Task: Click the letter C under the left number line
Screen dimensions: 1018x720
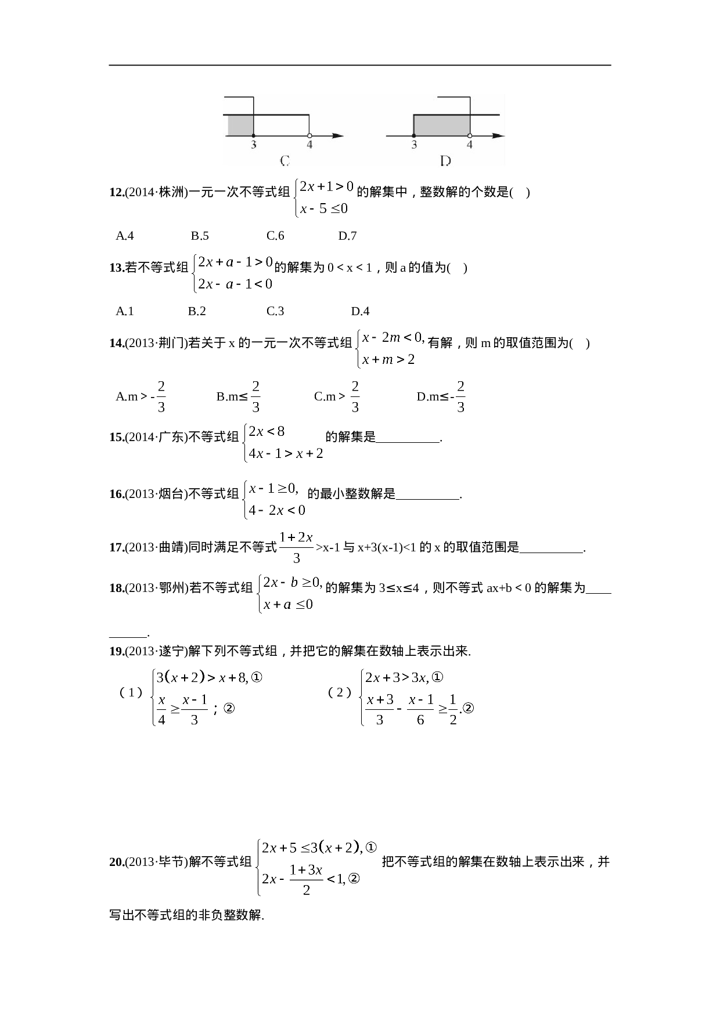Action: [285, 160]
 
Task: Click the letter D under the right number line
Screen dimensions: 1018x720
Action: [445, 161]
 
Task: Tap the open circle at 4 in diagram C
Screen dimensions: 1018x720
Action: [309, 135]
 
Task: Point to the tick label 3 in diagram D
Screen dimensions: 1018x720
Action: [414, 145]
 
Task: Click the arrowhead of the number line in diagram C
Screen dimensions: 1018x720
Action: [338, 136]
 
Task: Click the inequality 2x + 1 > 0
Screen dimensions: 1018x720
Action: [326, 187]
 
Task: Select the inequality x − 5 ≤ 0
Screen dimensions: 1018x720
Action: [324, 208]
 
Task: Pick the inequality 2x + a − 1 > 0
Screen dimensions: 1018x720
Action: [235, 262]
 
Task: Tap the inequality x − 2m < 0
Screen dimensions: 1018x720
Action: [393, 337]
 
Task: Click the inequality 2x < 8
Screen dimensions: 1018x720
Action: [267, 431]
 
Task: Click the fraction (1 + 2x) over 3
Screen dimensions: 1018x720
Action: [296, 547]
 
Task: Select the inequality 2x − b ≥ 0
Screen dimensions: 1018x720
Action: [292, 582]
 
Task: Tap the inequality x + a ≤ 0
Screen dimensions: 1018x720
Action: [288, 605]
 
